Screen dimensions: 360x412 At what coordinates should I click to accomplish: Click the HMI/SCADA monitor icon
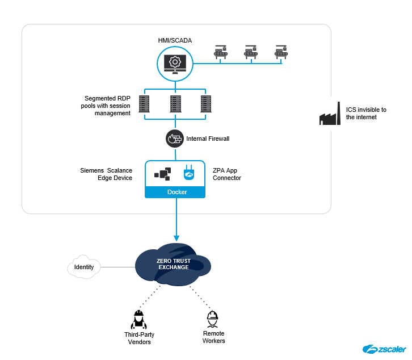(175, 62)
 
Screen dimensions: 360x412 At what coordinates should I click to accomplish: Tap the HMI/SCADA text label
(175, 41)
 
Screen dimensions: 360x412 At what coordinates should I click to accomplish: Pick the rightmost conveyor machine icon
(281, 52)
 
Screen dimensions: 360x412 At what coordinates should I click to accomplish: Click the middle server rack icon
(175, 104)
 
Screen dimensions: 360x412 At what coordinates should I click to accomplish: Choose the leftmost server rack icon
(144, 104)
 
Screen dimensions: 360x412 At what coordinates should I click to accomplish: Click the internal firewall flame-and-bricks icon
(175, 138)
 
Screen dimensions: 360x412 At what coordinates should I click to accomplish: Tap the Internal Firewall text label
(208, 139)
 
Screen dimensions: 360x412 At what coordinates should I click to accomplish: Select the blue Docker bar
(175, 192)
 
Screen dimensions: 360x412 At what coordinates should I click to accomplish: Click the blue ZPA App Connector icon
(189, 174)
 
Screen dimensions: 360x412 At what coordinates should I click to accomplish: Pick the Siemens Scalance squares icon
(162, 174)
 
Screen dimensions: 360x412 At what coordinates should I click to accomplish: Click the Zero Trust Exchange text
(173, 263)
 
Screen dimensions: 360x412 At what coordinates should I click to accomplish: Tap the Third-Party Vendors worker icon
(137, 320)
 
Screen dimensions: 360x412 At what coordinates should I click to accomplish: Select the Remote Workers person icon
(213, 319)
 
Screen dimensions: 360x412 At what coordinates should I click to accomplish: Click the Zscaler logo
(384, 349)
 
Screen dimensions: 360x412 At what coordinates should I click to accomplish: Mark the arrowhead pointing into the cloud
(176, 238)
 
